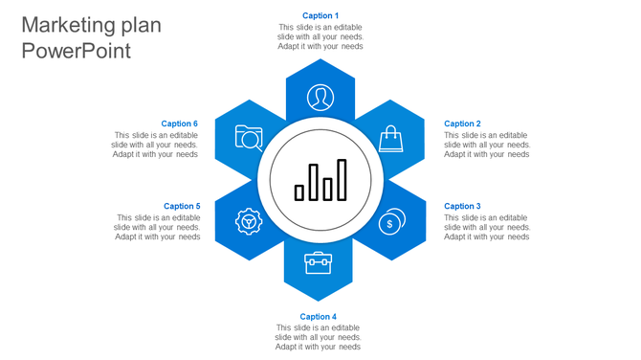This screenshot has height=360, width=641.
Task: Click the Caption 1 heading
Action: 320,15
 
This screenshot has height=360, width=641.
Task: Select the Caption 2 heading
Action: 462,124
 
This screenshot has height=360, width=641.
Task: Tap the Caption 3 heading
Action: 462,206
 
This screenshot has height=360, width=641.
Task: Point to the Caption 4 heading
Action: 319,317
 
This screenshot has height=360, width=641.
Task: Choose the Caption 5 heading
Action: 182,206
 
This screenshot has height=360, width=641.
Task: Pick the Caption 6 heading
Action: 180,124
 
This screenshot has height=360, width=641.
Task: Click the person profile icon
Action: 320,97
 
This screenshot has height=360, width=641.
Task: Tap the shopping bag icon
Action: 391,140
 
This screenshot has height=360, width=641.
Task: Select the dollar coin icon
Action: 390,222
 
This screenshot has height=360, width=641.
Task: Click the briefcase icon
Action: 319,261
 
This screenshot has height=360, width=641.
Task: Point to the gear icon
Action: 249,222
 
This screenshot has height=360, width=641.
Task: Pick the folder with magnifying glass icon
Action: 249,139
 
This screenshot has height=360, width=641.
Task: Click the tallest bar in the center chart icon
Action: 343,180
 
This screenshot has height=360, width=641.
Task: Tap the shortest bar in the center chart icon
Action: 299,192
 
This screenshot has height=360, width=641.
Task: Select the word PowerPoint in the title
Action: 76,51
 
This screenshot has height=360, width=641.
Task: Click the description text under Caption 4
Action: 319,337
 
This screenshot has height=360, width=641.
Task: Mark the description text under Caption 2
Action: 487,145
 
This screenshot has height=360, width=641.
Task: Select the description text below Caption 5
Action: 159,227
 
